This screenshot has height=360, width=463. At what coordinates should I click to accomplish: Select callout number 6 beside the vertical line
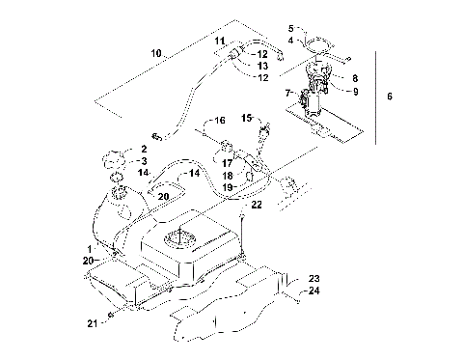click(389, 97)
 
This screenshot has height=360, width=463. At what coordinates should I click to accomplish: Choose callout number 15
click(247, 119)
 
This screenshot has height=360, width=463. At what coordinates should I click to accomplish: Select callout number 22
click(257, 204)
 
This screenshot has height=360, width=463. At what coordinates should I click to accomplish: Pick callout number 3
click(144, 160)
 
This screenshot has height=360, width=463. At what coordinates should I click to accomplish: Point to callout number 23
click(313, 278)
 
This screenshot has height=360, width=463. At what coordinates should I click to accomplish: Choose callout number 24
click(313, 290)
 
